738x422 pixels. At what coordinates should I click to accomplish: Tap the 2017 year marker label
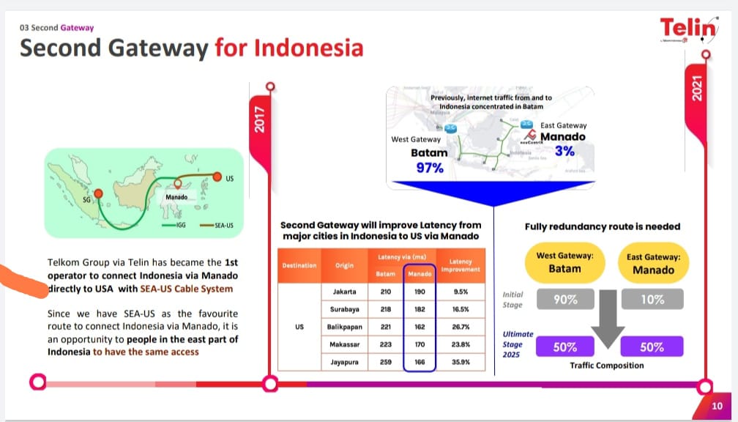click(x=259, y=122)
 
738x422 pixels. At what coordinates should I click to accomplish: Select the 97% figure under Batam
click(x=430, y=168)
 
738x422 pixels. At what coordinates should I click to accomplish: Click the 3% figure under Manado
click(x=564, y=151)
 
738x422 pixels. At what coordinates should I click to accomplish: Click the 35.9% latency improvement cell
click(x=461, y=361)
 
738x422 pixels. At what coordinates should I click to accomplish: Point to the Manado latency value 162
click(x=420, y=326)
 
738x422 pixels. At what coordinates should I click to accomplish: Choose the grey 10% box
click(x=652, y=299)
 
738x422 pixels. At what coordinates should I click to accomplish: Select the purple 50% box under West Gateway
click(x=564, y=347)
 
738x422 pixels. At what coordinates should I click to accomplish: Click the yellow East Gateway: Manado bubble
click(x=653, y=264)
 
